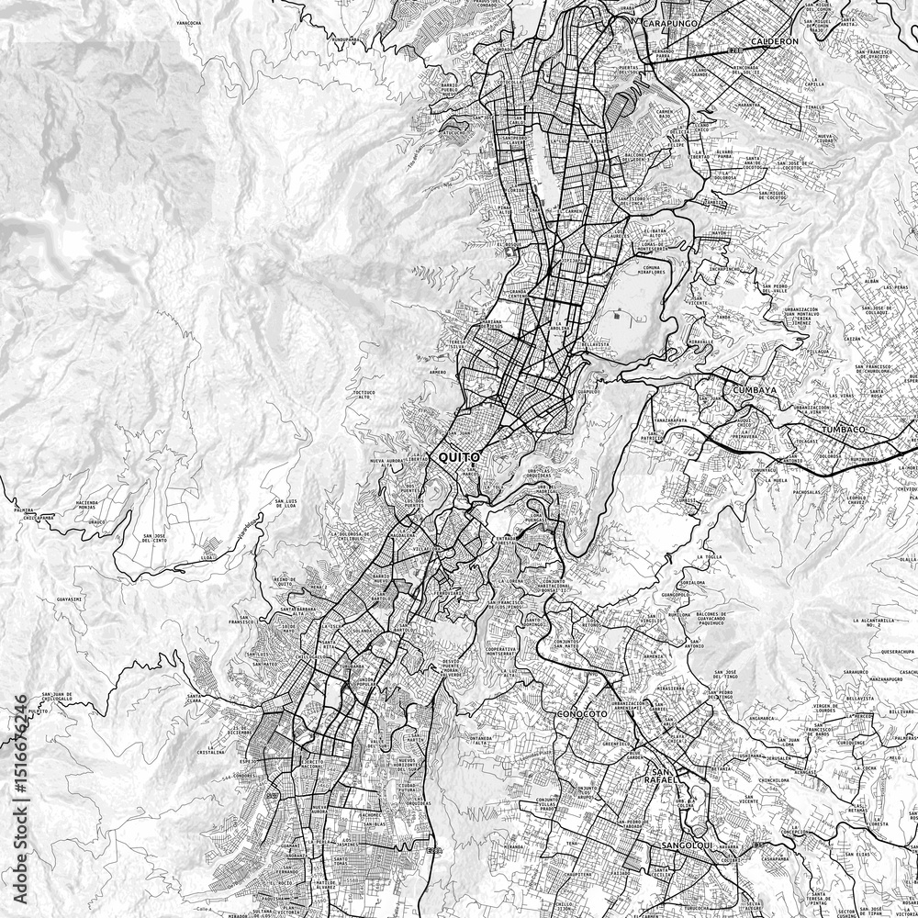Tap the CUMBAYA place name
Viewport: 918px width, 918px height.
coord(755,390)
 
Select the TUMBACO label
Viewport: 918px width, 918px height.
coord(844,430)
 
